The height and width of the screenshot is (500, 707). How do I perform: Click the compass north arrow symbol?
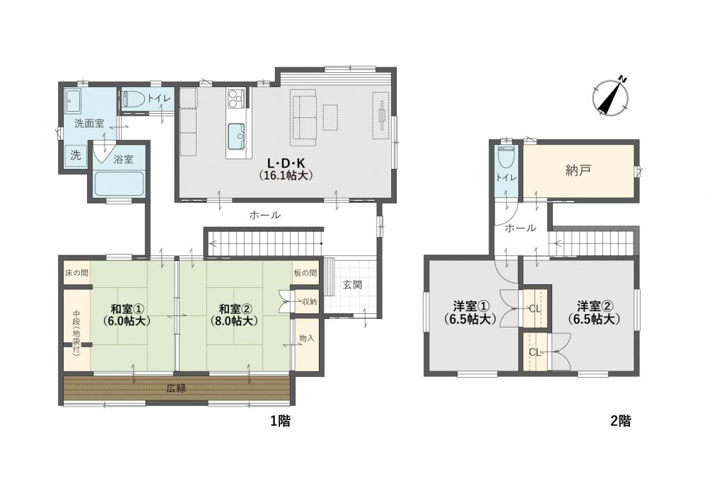[x=612, y=96]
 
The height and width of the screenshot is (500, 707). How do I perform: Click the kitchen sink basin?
[x=236, y=137]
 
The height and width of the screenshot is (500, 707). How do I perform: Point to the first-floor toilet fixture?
[x=133, y=98]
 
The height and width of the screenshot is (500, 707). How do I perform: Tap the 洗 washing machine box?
[x=76, y=155]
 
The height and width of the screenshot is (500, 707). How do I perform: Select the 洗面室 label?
[x=89, y=123]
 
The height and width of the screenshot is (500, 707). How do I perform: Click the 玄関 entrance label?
[x=352, y=285]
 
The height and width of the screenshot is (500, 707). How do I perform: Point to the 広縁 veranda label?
[x=176, y=388]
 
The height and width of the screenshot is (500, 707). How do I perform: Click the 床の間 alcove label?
[x=76, y=273]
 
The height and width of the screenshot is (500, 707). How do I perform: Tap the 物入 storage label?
[x=307, y=338]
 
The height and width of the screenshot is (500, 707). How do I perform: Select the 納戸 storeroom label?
[x=578, y=170]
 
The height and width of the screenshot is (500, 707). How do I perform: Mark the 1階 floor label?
[x=281, y=421]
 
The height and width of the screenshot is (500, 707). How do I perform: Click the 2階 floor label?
[x=621, y=421]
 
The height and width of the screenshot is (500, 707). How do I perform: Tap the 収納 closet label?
[x=310, y=301]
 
